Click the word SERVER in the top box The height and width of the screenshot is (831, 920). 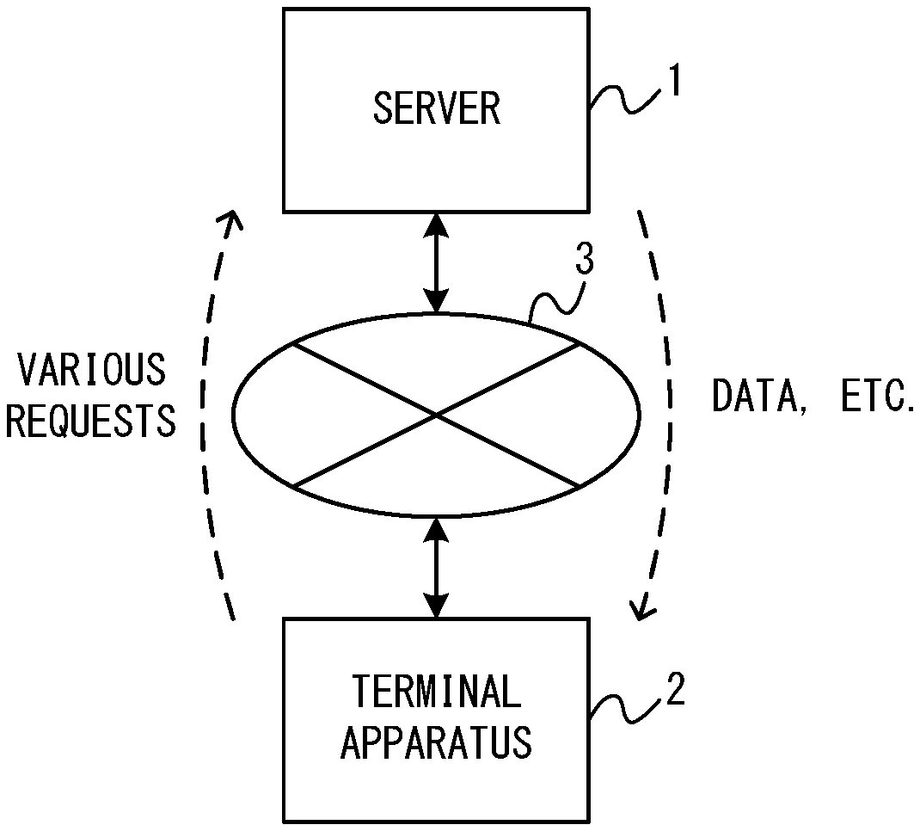[x=436, y=109]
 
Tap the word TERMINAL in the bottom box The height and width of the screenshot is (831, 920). [x=437, y=692]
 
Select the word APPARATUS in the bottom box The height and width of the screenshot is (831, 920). [x=437, y=742]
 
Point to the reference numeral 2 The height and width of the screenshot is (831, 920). [x=676, y=692]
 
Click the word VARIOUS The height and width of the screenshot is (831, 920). [x=92, y=370]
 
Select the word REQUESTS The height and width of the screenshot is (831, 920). [x=92, y=421]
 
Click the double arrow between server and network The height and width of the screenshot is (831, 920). [x=437, y=262]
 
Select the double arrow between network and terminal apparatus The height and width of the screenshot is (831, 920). [x=437, y=568]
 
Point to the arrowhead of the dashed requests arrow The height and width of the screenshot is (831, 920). [x=231, y=222]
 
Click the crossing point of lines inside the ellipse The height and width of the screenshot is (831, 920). [x=437, y=415]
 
